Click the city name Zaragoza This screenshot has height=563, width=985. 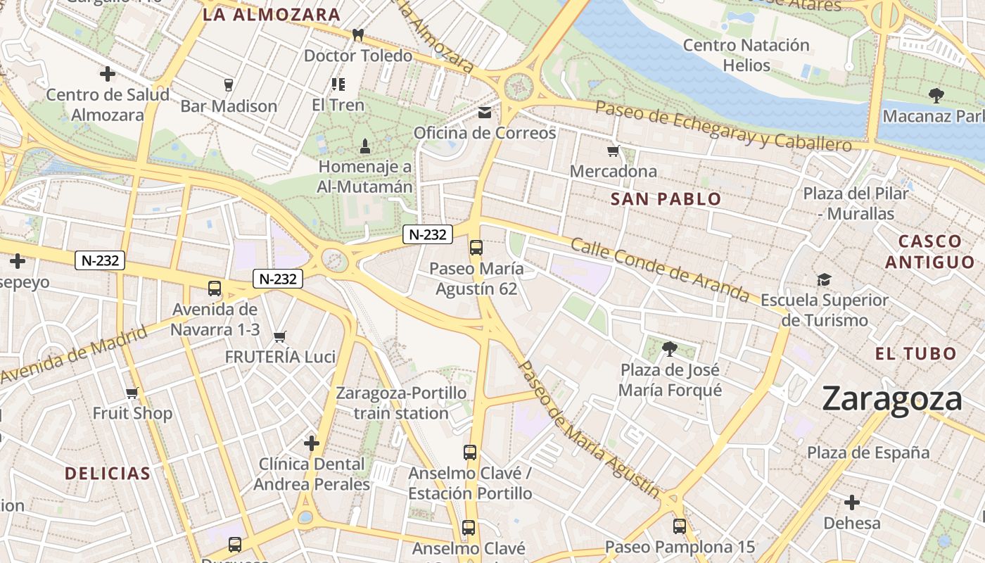click(891, 399)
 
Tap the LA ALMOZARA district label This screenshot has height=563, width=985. click(272, 15)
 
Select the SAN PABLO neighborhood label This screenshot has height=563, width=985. click(666, 199)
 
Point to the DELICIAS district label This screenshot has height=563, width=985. click(108, 473)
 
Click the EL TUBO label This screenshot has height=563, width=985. click(916, 353)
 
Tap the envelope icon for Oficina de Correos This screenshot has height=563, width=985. click(485, 113)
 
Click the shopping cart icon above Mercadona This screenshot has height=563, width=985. click(614, 151)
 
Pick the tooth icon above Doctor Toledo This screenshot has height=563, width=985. click(358, 34)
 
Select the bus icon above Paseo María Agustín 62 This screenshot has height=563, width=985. click(476, 247)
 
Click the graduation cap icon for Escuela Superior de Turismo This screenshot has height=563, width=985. click(824, 280)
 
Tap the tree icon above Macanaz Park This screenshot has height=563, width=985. click(936, 95)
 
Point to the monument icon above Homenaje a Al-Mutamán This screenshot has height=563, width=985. click(364, 146)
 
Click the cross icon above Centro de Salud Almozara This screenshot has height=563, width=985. click(108, 73)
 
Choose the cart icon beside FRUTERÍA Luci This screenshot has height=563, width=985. click(280, 336)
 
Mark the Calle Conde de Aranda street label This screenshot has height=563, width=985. click(660, 269)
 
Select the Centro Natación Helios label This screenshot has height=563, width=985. click(746, 55)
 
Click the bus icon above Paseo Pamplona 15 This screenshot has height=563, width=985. click(679, 526)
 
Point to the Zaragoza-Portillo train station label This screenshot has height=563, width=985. click(401, 403)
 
